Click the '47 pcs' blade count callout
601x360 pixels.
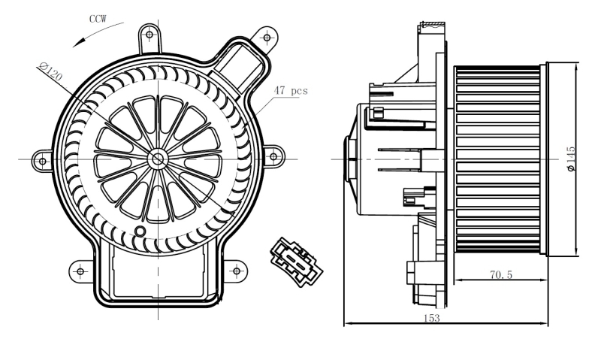291,90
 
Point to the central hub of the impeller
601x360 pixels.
158,159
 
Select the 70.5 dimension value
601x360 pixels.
500,276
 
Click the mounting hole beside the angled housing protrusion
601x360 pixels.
264,35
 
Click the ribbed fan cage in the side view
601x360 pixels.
500,159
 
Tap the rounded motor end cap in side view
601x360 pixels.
350,159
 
